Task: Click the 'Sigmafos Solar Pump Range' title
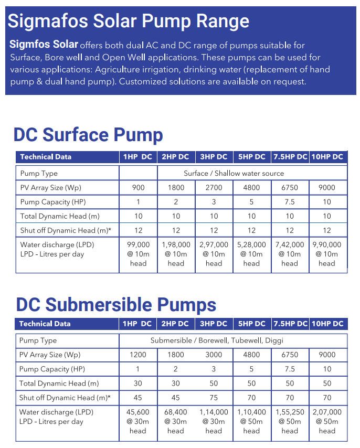(128, 22)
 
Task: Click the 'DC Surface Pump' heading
(88, 135)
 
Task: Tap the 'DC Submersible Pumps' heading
(116, 305)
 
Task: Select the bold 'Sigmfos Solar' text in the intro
(44, 44)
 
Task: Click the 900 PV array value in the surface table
(139, 188)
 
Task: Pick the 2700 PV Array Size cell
(214, 188)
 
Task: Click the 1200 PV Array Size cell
(138, 355)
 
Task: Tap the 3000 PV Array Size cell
(214, 355)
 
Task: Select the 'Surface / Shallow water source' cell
(234, 174)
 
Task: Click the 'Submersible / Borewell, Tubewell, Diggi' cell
(217, 340)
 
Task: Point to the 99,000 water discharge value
(139, 245)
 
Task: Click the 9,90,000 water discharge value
(327, 245)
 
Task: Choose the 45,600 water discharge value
(138, 412)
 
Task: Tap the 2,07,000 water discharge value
(327, 412)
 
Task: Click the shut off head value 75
(214, 398)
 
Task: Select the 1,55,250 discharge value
(290, 412)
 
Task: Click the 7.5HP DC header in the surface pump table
(290, 157)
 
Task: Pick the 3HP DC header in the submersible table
(214, 324)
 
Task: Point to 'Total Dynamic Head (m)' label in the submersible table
(59, 383)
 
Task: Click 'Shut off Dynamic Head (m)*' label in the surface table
(66, 231)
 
